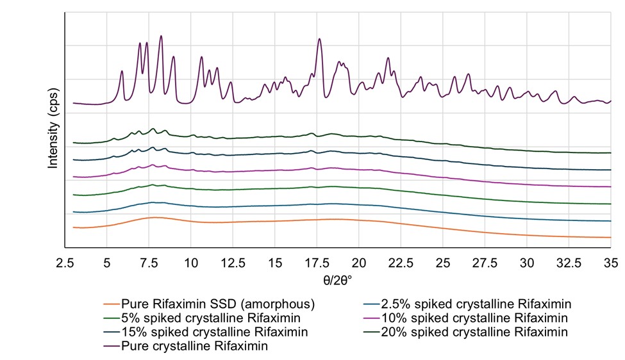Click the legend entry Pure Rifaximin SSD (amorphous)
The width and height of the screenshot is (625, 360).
click(208, 304)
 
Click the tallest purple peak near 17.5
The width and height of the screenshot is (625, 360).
click(319, 39)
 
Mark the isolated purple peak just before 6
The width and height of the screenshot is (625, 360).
click(122, 71)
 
